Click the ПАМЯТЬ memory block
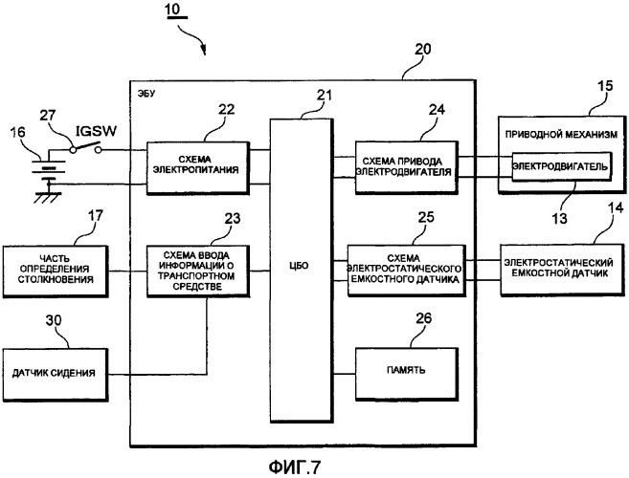pyautogui.click(x=407, y=374)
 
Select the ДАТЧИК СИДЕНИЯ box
pyautogui.click(x=55, y=374)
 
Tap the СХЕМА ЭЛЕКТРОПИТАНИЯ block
pyautogui.click(x=198, y=167)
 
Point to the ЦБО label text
pyautogui.click(x=299, y=265)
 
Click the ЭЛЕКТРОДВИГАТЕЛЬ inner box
pyautogui.click(x=562, y=166)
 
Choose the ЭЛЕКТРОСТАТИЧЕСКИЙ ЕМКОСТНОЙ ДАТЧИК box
pyautogui.click(x=562, y=270)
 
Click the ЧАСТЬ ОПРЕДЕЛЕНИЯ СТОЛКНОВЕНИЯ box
pyautogui.click(x=56, y=272)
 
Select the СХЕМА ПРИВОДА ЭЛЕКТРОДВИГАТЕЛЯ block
pyautogui.click(x=406, y=167)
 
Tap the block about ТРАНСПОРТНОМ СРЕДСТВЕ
pyautogui.click(x=198, y=272)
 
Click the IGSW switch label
pyautogui.click(x=97, y=131)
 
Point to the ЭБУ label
pyautogui.click(x=146, y=94)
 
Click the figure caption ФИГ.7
pyautogui.click(x=295, y=467)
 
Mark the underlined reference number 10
pyautogui.click(x=173, y=10)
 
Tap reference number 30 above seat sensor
pyautogui.click(x=54, y=320)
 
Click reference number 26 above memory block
pyautogui.click(x=423, y=318)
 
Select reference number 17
pyautogui.click(x=95, y=216)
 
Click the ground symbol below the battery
pyautogui.click(x=48, y=197)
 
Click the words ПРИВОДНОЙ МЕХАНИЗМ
pyautogui.click(x=561, y=135)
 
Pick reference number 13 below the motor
pyautogui.click(x=559, y=218)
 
